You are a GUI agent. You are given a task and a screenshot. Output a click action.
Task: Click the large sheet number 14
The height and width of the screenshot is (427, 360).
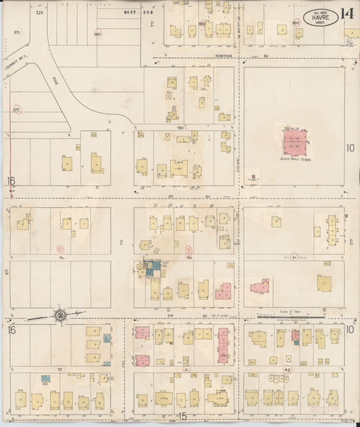pos(347,14)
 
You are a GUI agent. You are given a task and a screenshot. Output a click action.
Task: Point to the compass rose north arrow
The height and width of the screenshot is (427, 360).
pos(61,313)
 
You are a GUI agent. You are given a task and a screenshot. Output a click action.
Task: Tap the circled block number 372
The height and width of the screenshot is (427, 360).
pos(16,109)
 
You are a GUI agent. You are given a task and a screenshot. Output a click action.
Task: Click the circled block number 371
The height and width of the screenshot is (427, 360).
pos(16,32)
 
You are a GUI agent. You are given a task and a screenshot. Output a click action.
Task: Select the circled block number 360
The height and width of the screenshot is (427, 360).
pos(97,34)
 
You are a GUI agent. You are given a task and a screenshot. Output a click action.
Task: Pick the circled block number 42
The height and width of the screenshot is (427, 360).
pos(287,370)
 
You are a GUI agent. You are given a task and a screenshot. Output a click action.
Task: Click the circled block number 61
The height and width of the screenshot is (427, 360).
pos(186,370)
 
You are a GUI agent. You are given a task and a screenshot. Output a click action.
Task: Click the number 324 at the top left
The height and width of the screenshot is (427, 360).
pos(39,12)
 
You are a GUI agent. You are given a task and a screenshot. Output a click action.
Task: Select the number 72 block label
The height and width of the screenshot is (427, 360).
pos(59,370)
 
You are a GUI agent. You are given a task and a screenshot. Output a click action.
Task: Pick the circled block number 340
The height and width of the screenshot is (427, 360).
pos(295,22)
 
